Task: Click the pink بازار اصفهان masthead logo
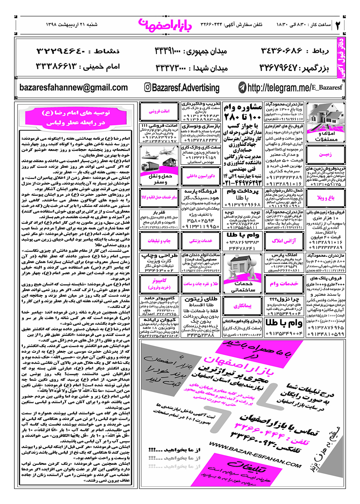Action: [165, 25]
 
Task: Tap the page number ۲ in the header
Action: [338, 25]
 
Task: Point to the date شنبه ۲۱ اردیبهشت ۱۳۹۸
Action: [72, 25]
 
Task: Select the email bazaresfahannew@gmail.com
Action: [73, 87]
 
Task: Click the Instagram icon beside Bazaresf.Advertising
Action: [148, 87]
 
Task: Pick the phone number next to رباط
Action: [281, 51]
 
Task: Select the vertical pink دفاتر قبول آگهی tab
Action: [341, 58]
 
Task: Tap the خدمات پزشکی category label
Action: [201, 241]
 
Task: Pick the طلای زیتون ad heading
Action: [201, 299]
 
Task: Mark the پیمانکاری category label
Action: [242, 306]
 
